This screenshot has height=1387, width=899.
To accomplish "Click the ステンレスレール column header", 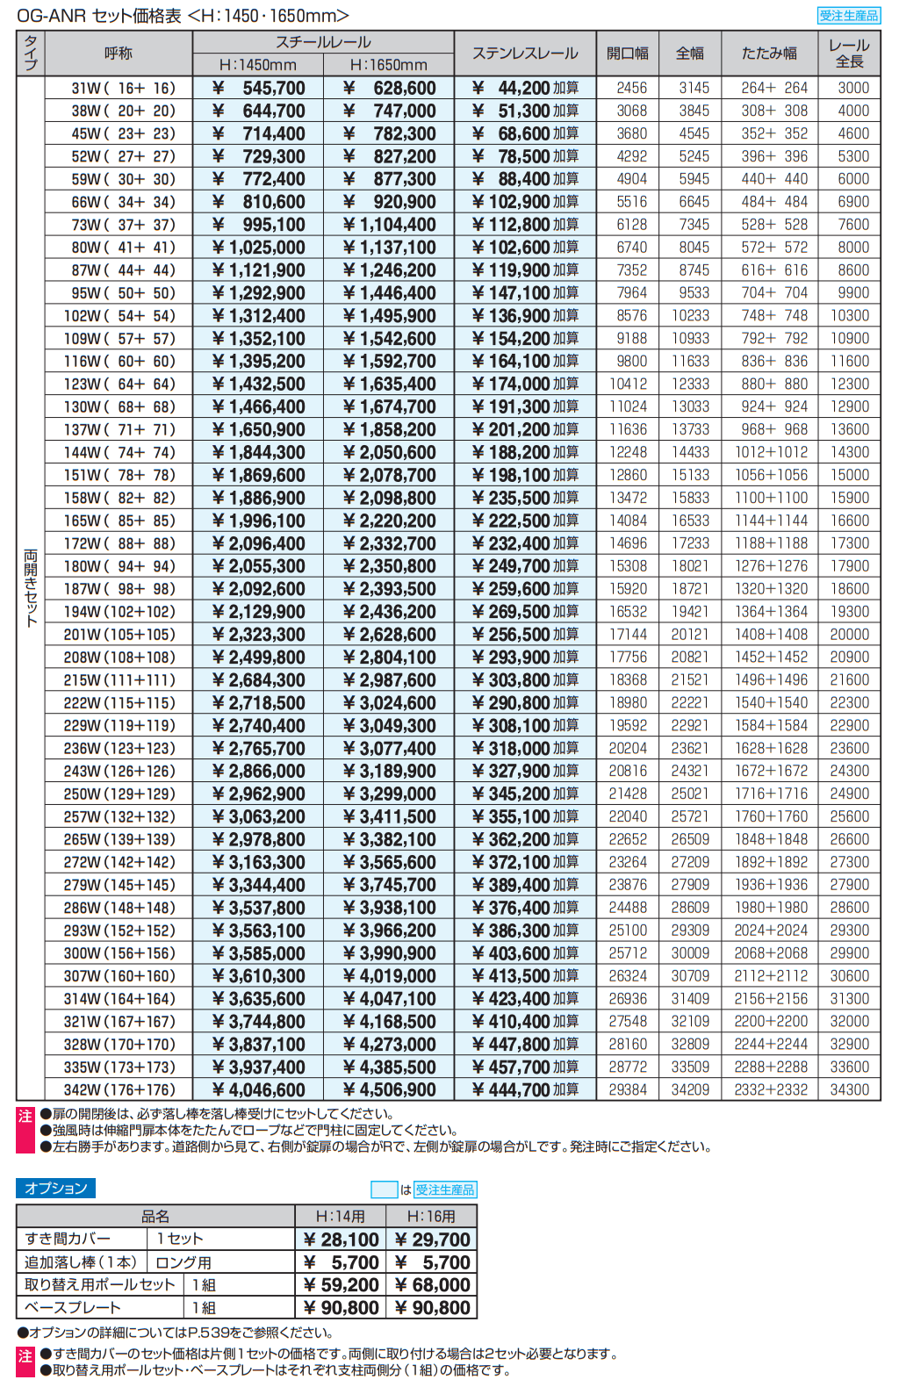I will coord(525,54).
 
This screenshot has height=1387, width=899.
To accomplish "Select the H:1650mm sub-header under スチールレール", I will coord(388,65).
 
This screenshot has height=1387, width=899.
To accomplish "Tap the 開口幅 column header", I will coord(628,54).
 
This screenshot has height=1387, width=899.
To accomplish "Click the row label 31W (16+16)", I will coord(123,88).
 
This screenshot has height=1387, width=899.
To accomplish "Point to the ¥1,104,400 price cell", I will coord(389,225).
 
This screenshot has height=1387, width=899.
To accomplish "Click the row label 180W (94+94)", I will coord(119,566).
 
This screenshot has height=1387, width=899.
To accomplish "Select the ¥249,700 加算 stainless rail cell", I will coord(525,566).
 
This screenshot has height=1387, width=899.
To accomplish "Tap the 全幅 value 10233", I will coord(690,315).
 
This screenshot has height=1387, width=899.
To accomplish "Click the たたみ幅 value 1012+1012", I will coord(771,452).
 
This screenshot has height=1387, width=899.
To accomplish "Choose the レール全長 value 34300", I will coord(849,1089).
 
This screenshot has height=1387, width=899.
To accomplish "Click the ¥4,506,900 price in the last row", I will coord(389,1089).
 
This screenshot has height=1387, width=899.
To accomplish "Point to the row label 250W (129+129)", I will coord(119,794).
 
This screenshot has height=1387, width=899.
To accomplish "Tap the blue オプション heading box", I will coord(55,1188).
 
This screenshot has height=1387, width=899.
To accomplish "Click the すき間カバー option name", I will coord(68,1239).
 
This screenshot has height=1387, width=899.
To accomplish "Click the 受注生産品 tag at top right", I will coord(848,15).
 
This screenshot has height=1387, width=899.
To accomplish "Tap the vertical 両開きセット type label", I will coord(31,588).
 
